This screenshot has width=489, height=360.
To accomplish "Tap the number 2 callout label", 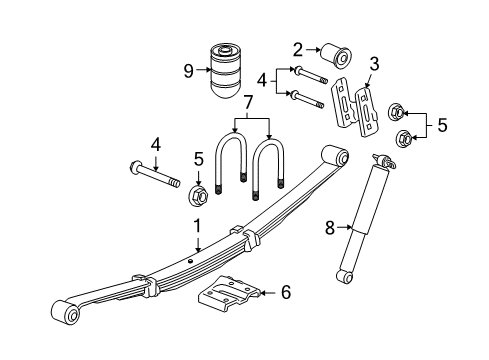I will (x=298, y=48).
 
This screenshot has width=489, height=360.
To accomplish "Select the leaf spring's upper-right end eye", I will (x=340, y=157).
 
